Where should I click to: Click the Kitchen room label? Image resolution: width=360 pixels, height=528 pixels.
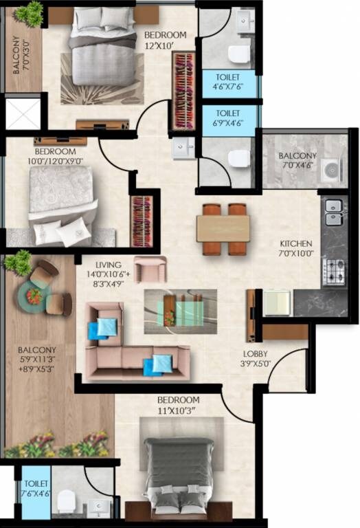[296, 243]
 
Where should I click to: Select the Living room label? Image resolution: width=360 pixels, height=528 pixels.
[109, 264]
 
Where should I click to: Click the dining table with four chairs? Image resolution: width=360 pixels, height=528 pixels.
[223, 230]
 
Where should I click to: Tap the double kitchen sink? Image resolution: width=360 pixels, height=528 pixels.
[334, 212]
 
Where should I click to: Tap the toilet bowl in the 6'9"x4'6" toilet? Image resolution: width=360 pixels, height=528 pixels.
[238, 159]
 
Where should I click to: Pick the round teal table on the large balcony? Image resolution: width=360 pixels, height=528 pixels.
[34, 298]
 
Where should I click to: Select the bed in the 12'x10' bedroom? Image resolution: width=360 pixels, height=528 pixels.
[103, 55]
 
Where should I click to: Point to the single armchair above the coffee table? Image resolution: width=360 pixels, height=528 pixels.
[150, 269]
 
